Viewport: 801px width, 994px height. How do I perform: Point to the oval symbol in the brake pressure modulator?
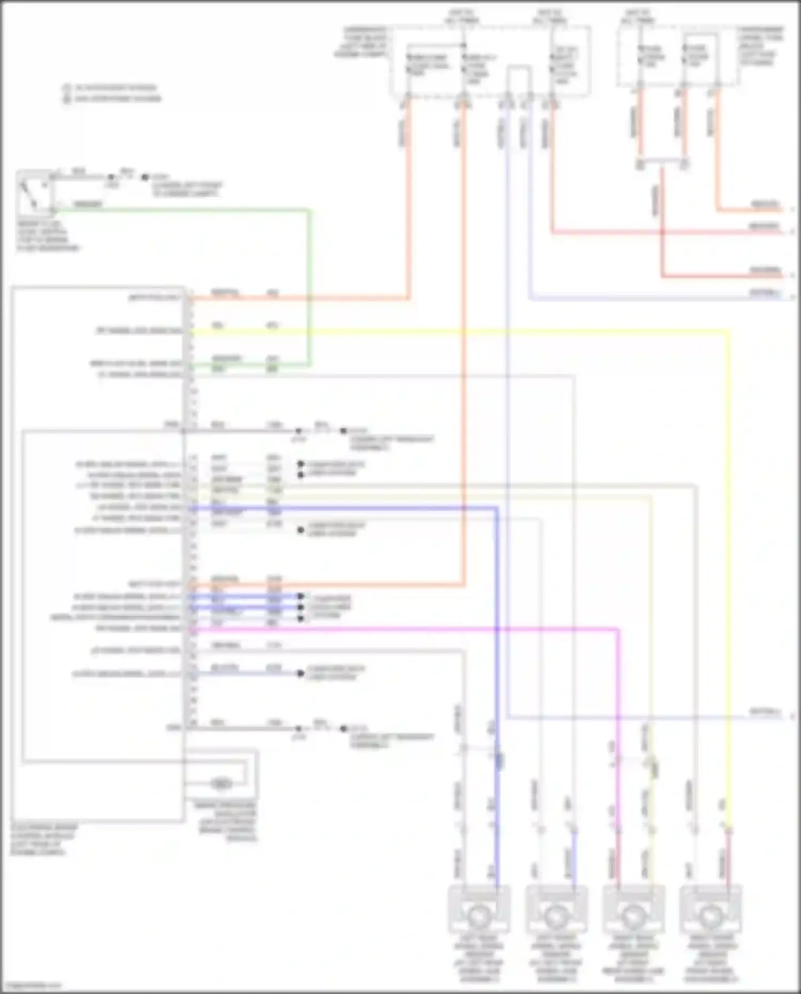click(x=221, y=784)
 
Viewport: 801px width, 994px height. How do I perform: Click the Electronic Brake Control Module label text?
click(x=43, y=839)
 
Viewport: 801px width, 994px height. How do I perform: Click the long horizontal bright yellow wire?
click(x=454, y=332)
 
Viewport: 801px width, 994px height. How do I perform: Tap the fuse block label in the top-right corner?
click(x=760, y=46)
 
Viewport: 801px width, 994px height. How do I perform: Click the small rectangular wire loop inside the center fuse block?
click(x=519, y=80)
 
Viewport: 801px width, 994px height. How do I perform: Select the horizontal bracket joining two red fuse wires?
click(x=662, y=160)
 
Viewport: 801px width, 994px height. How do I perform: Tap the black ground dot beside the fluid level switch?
click(x=145, y=177)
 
